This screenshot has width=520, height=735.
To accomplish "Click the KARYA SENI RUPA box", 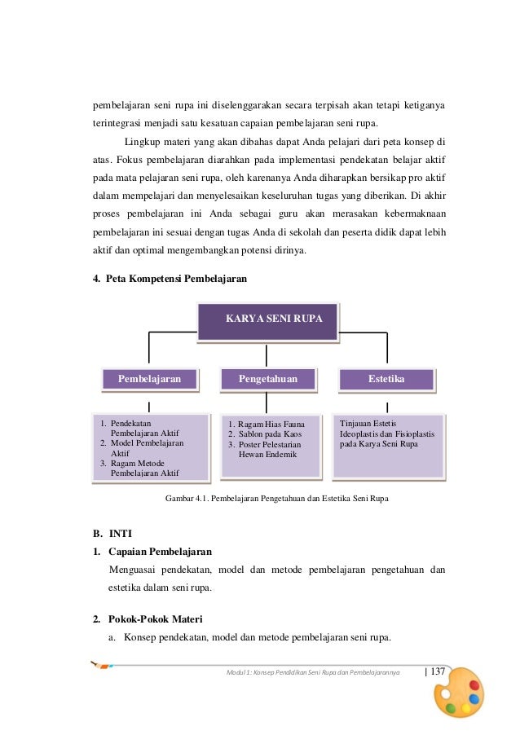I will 268,319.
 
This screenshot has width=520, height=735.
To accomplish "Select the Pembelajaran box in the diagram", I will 150,379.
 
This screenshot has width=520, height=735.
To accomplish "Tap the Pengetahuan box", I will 267,379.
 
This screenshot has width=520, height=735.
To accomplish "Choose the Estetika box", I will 387,379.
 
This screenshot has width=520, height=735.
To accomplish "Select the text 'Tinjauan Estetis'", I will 368,424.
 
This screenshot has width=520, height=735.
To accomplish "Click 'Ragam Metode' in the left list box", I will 139,464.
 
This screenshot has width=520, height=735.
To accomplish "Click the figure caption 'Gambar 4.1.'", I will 187,498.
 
